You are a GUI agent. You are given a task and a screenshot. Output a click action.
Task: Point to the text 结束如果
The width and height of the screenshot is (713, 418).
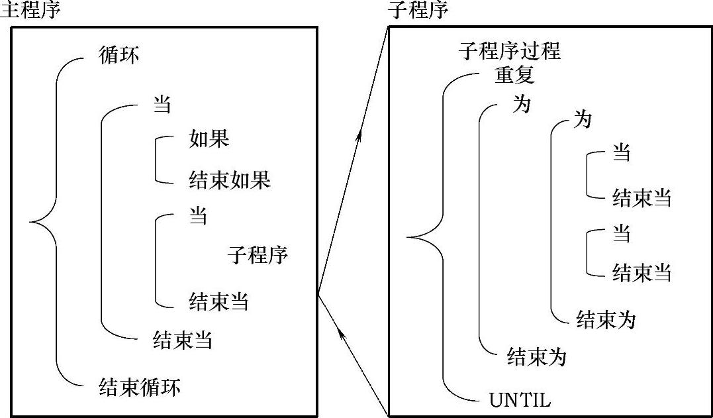tap(229, 180)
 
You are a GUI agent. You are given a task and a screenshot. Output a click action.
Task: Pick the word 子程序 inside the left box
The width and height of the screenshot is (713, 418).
tap(258, 254)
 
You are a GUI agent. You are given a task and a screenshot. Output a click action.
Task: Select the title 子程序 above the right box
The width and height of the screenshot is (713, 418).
tap(420, 11)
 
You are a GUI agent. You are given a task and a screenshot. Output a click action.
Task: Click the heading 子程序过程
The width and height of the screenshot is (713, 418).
tap(509, 51)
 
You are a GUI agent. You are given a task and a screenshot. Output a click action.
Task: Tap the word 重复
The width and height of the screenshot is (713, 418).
tap(514, 76)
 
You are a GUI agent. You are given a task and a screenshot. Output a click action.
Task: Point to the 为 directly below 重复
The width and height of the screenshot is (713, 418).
tap(522, 104)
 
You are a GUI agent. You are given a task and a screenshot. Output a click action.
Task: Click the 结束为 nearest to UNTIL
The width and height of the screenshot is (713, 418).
tap(536, 357)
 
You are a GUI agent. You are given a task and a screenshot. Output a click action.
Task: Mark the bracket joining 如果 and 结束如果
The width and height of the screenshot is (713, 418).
tap(156, 159)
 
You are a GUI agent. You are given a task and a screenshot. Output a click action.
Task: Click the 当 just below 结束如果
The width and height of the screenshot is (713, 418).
tap(198, 217)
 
